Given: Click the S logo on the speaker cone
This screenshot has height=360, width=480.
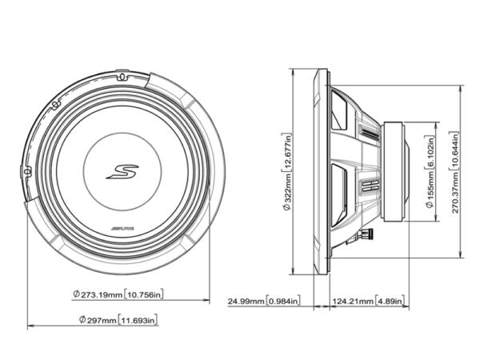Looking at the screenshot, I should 122,172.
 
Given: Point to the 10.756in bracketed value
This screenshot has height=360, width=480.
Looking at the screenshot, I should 146,295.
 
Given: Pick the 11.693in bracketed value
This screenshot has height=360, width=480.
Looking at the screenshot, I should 138,320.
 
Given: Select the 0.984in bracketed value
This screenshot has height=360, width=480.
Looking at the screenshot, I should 284,302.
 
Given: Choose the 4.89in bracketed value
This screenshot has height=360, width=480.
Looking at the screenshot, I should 391,302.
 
